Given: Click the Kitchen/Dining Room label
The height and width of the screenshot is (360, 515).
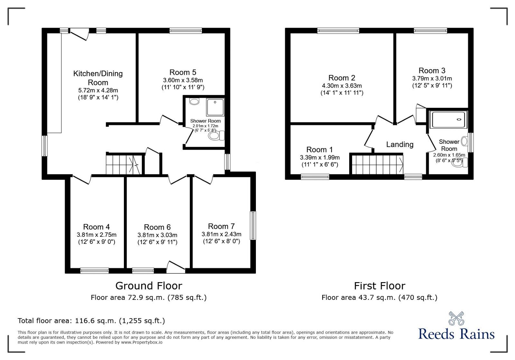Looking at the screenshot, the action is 98,78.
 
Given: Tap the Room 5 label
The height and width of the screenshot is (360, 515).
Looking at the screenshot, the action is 183,72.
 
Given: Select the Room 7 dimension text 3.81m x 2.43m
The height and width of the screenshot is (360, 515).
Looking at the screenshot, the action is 221,234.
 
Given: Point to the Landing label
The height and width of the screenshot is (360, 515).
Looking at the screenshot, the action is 400,144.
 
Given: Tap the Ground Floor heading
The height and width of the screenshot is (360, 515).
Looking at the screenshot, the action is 149,286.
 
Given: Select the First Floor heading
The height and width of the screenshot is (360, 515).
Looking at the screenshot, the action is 379,286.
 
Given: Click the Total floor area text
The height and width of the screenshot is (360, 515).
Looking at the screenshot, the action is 91,321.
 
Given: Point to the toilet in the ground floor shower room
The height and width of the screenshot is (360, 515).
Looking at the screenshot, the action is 216,135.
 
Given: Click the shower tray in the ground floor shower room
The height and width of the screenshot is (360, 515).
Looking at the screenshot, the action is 215,107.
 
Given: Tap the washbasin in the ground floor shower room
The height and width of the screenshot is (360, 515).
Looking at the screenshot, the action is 194,101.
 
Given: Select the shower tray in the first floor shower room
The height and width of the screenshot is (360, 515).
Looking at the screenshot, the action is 450,119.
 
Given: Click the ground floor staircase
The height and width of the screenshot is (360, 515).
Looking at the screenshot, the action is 123,165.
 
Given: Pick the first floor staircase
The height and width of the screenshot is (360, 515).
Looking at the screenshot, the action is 377,165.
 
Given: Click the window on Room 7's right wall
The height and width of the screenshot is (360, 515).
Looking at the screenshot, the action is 253,226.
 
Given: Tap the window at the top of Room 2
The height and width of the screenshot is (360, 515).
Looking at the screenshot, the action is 338,31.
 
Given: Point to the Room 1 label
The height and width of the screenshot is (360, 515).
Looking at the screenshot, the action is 320,150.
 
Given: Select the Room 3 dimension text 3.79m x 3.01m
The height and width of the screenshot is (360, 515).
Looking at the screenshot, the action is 432,78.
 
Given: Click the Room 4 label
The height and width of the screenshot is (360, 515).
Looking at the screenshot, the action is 96,227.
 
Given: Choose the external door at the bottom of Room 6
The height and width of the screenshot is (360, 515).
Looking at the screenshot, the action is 176,268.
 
